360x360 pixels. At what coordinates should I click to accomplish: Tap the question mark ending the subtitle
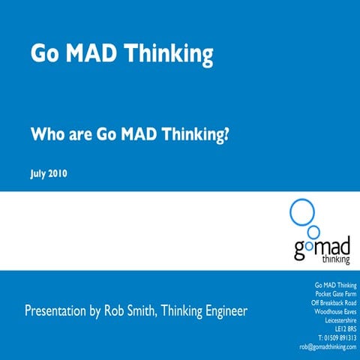[225, 136]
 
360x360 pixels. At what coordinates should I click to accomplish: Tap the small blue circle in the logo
[314, 231]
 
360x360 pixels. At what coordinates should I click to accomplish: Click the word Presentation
[58, 310]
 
